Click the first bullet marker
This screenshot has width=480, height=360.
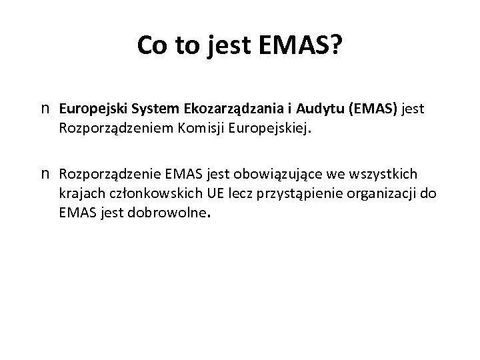(x=47, y=107)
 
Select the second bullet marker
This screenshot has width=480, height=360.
(x=47, y=175)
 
